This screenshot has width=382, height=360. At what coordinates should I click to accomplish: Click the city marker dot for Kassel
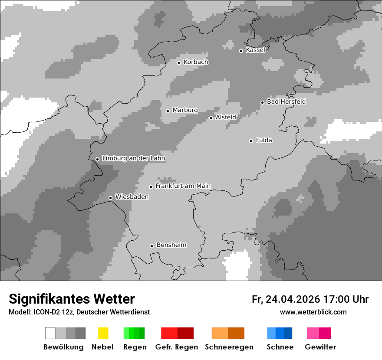point(241,51)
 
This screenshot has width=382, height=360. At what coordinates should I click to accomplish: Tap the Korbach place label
point(196,62)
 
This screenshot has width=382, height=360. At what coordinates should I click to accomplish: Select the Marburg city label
point(185,110)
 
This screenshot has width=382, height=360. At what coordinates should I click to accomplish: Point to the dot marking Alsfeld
point(211,118)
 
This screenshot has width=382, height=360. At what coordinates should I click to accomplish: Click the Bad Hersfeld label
point(286,101)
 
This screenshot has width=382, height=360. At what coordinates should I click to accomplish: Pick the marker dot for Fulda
point(251,141)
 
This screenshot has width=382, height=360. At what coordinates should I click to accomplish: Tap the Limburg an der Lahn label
point(134,158)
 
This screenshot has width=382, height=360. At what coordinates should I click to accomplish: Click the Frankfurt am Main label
point(183,186)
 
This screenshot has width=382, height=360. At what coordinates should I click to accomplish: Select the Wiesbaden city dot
point(110,198)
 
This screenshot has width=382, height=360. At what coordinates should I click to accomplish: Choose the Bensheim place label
point(171,245)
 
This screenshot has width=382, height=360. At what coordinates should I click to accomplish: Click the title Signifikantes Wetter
point(72,299)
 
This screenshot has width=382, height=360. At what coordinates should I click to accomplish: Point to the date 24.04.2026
point(292,299)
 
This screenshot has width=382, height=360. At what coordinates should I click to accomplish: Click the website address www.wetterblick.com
point(313,312)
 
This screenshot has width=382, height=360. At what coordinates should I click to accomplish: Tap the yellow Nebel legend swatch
point(103,333)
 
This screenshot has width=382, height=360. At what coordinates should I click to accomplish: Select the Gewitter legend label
point(320,347)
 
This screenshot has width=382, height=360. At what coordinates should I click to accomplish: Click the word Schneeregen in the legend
point(229,347)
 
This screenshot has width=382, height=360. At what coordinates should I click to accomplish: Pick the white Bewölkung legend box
point(50,333)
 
